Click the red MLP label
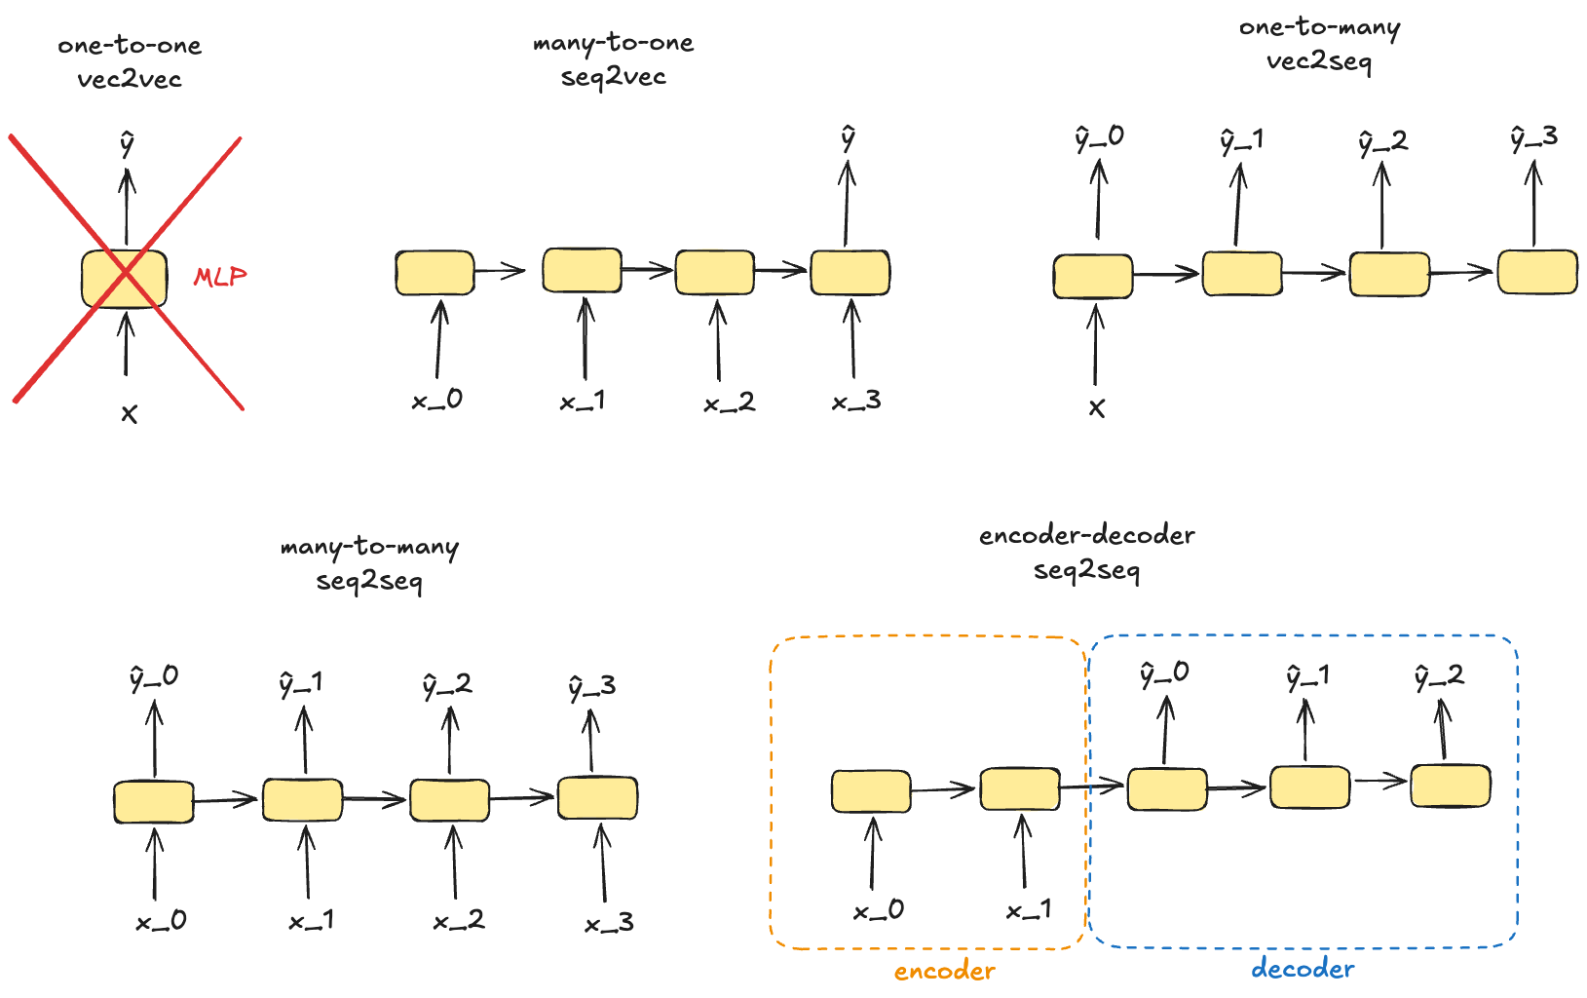tap(220, 277)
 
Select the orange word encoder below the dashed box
tap(944, 971)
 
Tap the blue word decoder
tap(1303, 969)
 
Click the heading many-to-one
tap(613, 44)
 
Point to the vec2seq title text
tap(1318, 61)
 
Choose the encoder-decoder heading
tap(1086, 535)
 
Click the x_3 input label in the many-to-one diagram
tap(856, 401)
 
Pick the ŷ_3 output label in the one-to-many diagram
tap(1533, 138)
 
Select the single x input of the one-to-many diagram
tap(1097, 408)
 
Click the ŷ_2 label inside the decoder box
tap(1439, 676)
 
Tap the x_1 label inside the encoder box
tap(1029, 910)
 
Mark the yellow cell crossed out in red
tap(124, 279)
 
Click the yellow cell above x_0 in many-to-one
tap(435, 273)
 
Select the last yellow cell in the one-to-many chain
tap(1537, 272)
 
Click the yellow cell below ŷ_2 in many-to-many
tap(449, 800)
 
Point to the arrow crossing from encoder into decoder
tap(1091, 786)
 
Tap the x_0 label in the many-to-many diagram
tap(161, 921)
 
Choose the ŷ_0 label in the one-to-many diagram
tap(1099, 138)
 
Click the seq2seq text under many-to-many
tap(369, 582)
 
